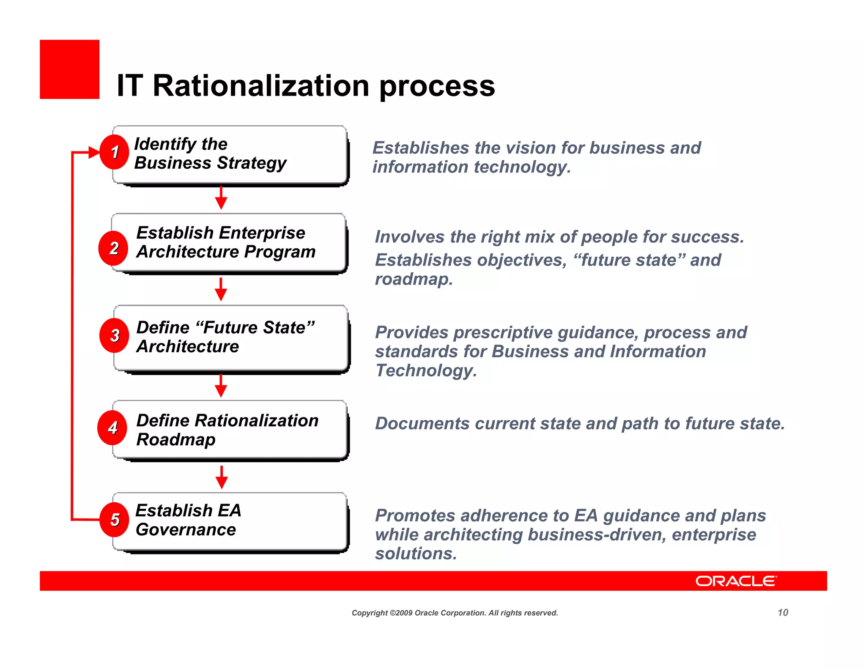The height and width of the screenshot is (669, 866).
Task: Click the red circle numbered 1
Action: point(114,152)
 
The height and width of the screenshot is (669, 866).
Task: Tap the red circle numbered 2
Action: point(113,248)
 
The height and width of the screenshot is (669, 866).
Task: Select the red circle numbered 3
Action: point(114,336)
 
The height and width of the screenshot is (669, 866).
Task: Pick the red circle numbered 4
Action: point(112,428)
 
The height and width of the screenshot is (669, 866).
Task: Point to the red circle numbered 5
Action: point(114,520)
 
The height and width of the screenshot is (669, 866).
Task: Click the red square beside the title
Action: point(70,69)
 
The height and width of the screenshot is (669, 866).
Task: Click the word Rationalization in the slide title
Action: point(261,86)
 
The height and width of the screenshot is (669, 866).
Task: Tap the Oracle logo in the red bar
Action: point(736,581)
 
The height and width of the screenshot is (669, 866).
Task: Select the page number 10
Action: point(783,612)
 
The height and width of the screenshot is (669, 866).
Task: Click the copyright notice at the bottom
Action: point(455,613)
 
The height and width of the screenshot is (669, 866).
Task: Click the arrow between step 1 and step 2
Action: point(221,198)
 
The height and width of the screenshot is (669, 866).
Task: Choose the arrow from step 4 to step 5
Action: point(222,478)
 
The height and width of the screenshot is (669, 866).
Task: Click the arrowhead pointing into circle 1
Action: point(94,152)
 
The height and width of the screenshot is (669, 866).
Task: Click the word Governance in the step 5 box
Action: point(186,529)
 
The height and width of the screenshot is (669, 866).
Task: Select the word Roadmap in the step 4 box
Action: point(176,440)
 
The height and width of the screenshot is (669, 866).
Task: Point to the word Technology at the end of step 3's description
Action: point(425,370)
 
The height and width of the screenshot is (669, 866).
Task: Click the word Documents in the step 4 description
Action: point(422,423)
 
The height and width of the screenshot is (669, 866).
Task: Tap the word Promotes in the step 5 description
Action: point(415,515)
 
